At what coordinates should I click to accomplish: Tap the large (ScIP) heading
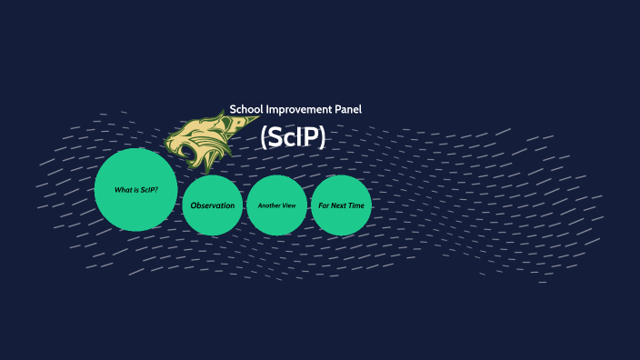point(293,137)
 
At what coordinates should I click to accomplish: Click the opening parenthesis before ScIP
point(264,137)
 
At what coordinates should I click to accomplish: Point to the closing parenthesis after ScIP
point(321,137)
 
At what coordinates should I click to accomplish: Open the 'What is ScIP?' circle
point(135,189)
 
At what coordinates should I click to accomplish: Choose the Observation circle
point(213,205)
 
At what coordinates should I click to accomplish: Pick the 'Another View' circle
point(276,205)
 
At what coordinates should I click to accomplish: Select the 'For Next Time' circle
point(341,205)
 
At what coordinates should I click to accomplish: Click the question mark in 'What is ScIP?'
point(156,189)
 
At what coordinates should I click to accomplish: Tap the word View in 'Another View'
point(288,206)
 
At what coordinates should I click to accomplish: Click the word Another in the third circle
point(269,206)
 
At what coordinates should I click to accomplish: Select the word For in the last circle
point(324,206)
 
